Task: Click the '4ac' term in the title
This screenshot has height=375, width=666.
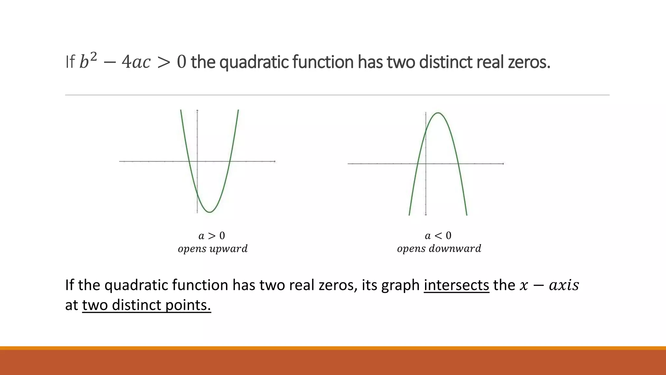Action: point(136,62)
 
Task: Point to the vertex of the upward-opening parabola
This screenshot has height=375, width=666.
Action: point(210,212)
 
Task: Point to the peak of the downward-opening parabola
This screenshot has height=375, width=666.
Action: point(438,113)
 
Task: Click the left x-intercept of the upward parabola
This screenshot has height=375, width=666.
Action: point(189,161)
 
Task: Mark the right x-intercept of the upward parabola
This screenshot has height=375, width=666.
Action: point(230,161)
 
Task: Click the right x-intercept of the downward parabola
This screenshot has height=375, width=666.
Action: point(458,163)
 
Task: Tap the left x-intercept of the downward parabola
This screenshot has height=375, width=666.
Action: point(418,163)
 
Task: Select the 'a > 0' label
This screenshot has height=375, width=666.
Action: point(212,235)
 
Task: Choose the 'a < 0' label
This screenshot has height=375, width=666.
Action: point(438,235)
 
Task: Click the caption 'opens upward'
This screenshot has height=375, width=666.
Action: point(213,249)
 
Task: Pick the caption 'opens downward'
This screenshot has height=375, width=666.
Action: point(439,249)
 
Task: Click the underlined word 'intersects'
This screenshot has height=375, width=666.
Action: point(456,285)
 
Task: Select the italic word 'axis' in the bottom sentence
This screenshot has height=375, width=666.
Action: point(564,285)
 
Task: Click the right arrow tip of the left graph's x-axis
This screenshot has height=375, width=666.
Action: point(275,161)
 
